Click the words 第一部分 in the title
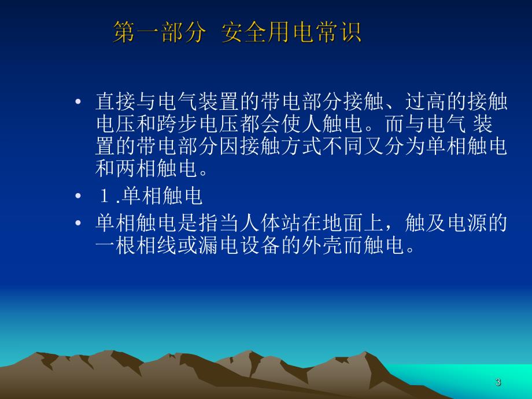pyautogui.click(x=158, y=32)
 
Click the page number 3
pyautogui.click(x=498, y=382)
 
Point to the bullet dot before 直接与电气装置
pyautogui.click(x=79, y=103)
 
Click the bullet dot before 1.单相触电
pyautogui.click(x=79, y=197)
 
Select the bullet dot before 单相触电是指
pyautogui.click(x=79, y=223)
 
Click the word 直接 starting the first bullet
pyautogui.click(x=116, y=103)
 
